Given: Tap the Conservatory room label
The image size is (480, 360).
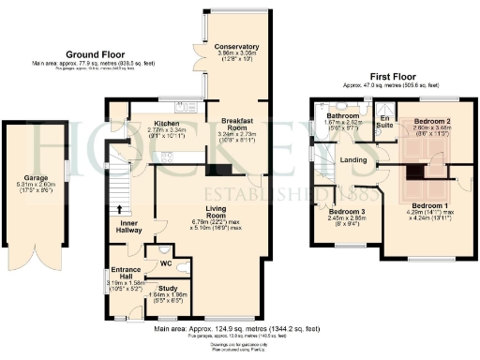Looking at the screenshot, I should tap(235, 46).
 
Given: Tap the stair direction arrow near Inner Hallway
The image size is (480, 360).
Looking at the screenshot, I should tap(119, 210).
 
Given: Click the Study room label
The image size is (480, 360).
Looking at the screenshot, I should tap(168, 289).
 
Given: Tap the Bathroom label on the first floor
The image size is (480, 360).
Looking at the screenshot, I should tap(330, 115).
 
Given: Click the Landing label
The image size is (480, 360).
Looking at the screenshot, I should tap(353, 160).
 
